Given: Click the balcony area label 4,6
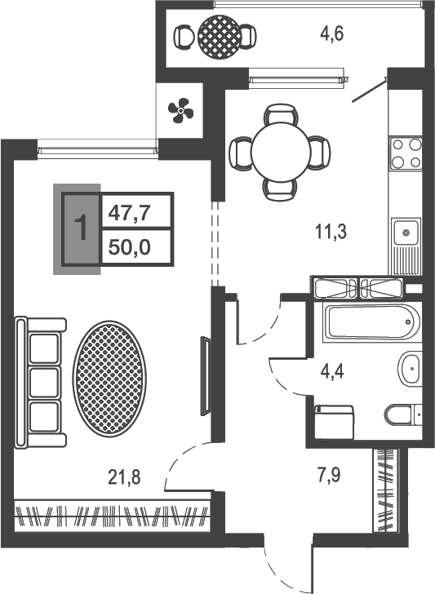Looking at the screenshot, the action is point(331,34).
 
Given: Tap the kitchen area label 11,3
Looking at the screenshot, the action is point(331,232).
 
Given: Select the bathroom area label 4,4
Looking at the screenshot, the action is point(332,372).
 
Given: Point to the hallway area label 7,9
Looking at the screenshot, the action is point(329,475).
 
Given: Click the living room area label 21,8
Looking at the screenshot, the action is point(124,477).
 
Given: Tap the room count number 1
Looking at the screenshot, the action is point(81,228).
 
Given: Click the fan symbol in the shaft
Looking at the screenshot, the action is point(180,111).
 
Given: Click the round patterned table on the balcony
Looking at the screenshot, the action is point(220,37).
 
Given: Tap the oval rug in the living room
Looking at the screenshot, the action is point(109,379).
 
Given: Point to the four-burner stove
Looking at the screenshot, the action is point(406,153).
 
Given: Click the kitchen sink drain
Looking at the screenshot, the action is point(406,232).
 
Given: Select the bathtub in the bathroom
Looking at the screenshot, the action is point(371,322).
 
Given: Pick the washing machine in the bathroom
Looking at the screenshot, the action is point(334,423).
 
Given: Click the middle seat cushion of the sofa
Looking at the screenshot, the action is point(44,382).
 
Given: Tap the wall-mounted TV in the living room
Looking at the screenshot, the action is point(205,376).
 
